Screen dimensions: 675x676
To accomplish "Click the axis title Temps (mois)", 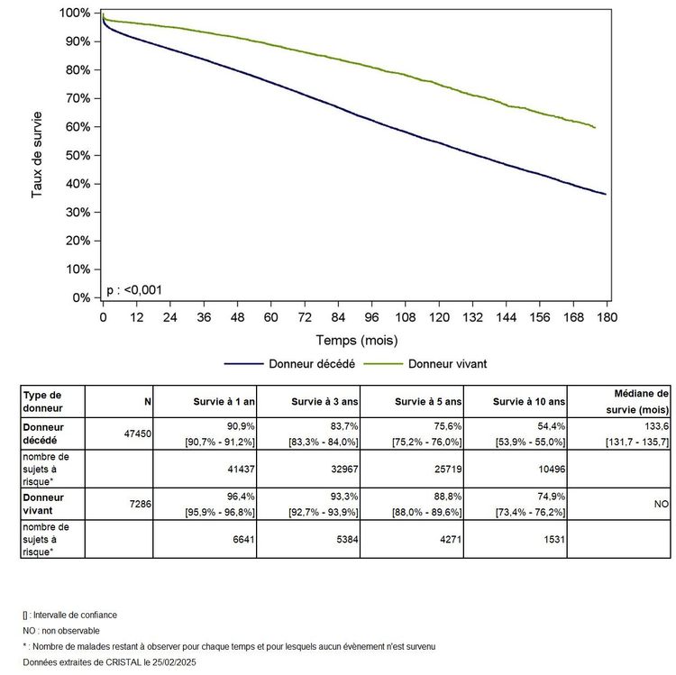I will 356,341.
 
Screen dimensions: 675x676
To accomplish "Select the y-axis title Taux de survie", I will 38,155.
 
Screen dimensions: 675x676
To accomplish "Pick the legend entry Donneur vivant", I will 447,364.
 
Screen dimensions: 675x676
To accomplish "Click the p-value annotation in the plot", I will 135,289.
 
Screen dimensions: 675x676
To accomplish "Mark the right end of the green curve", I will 595,128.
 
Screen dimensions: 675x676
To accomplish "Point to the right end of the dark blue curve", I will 606,194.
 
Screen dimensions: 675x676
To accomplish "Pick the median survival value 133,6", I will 651,426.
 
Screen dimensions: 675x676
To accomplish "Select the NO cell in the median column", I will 659,505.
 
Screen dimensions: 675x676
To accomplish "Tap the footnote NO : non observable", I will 61,631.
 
